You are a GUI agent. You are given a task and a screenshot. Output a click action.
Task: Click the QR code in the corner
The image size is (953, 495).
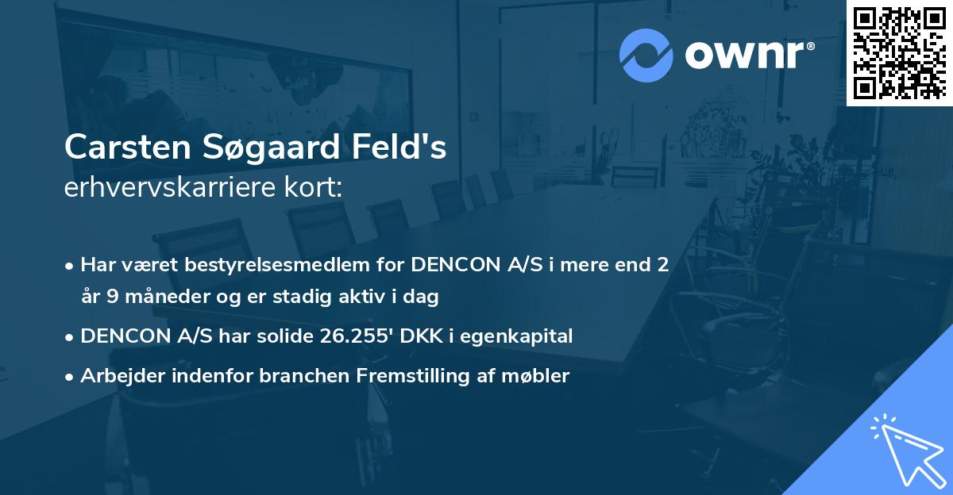[899, 52]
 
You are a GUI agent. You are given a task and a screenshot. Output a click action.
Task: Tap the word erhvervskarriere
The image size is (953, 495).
[168, 188]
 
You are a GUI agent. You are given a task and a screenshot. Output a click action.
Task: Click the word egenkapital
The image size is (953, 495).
[521, 336]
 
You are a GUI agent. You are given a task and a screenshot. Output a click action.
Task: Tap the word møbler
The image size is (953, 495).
[540, 375]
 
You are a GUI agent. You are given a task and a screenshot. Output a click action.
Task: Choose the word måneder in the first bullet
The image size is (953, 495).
[156, 297]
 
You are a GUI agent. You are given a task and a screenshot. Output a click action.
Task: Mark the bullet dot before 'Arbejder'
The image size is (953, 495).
[71, 376]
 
